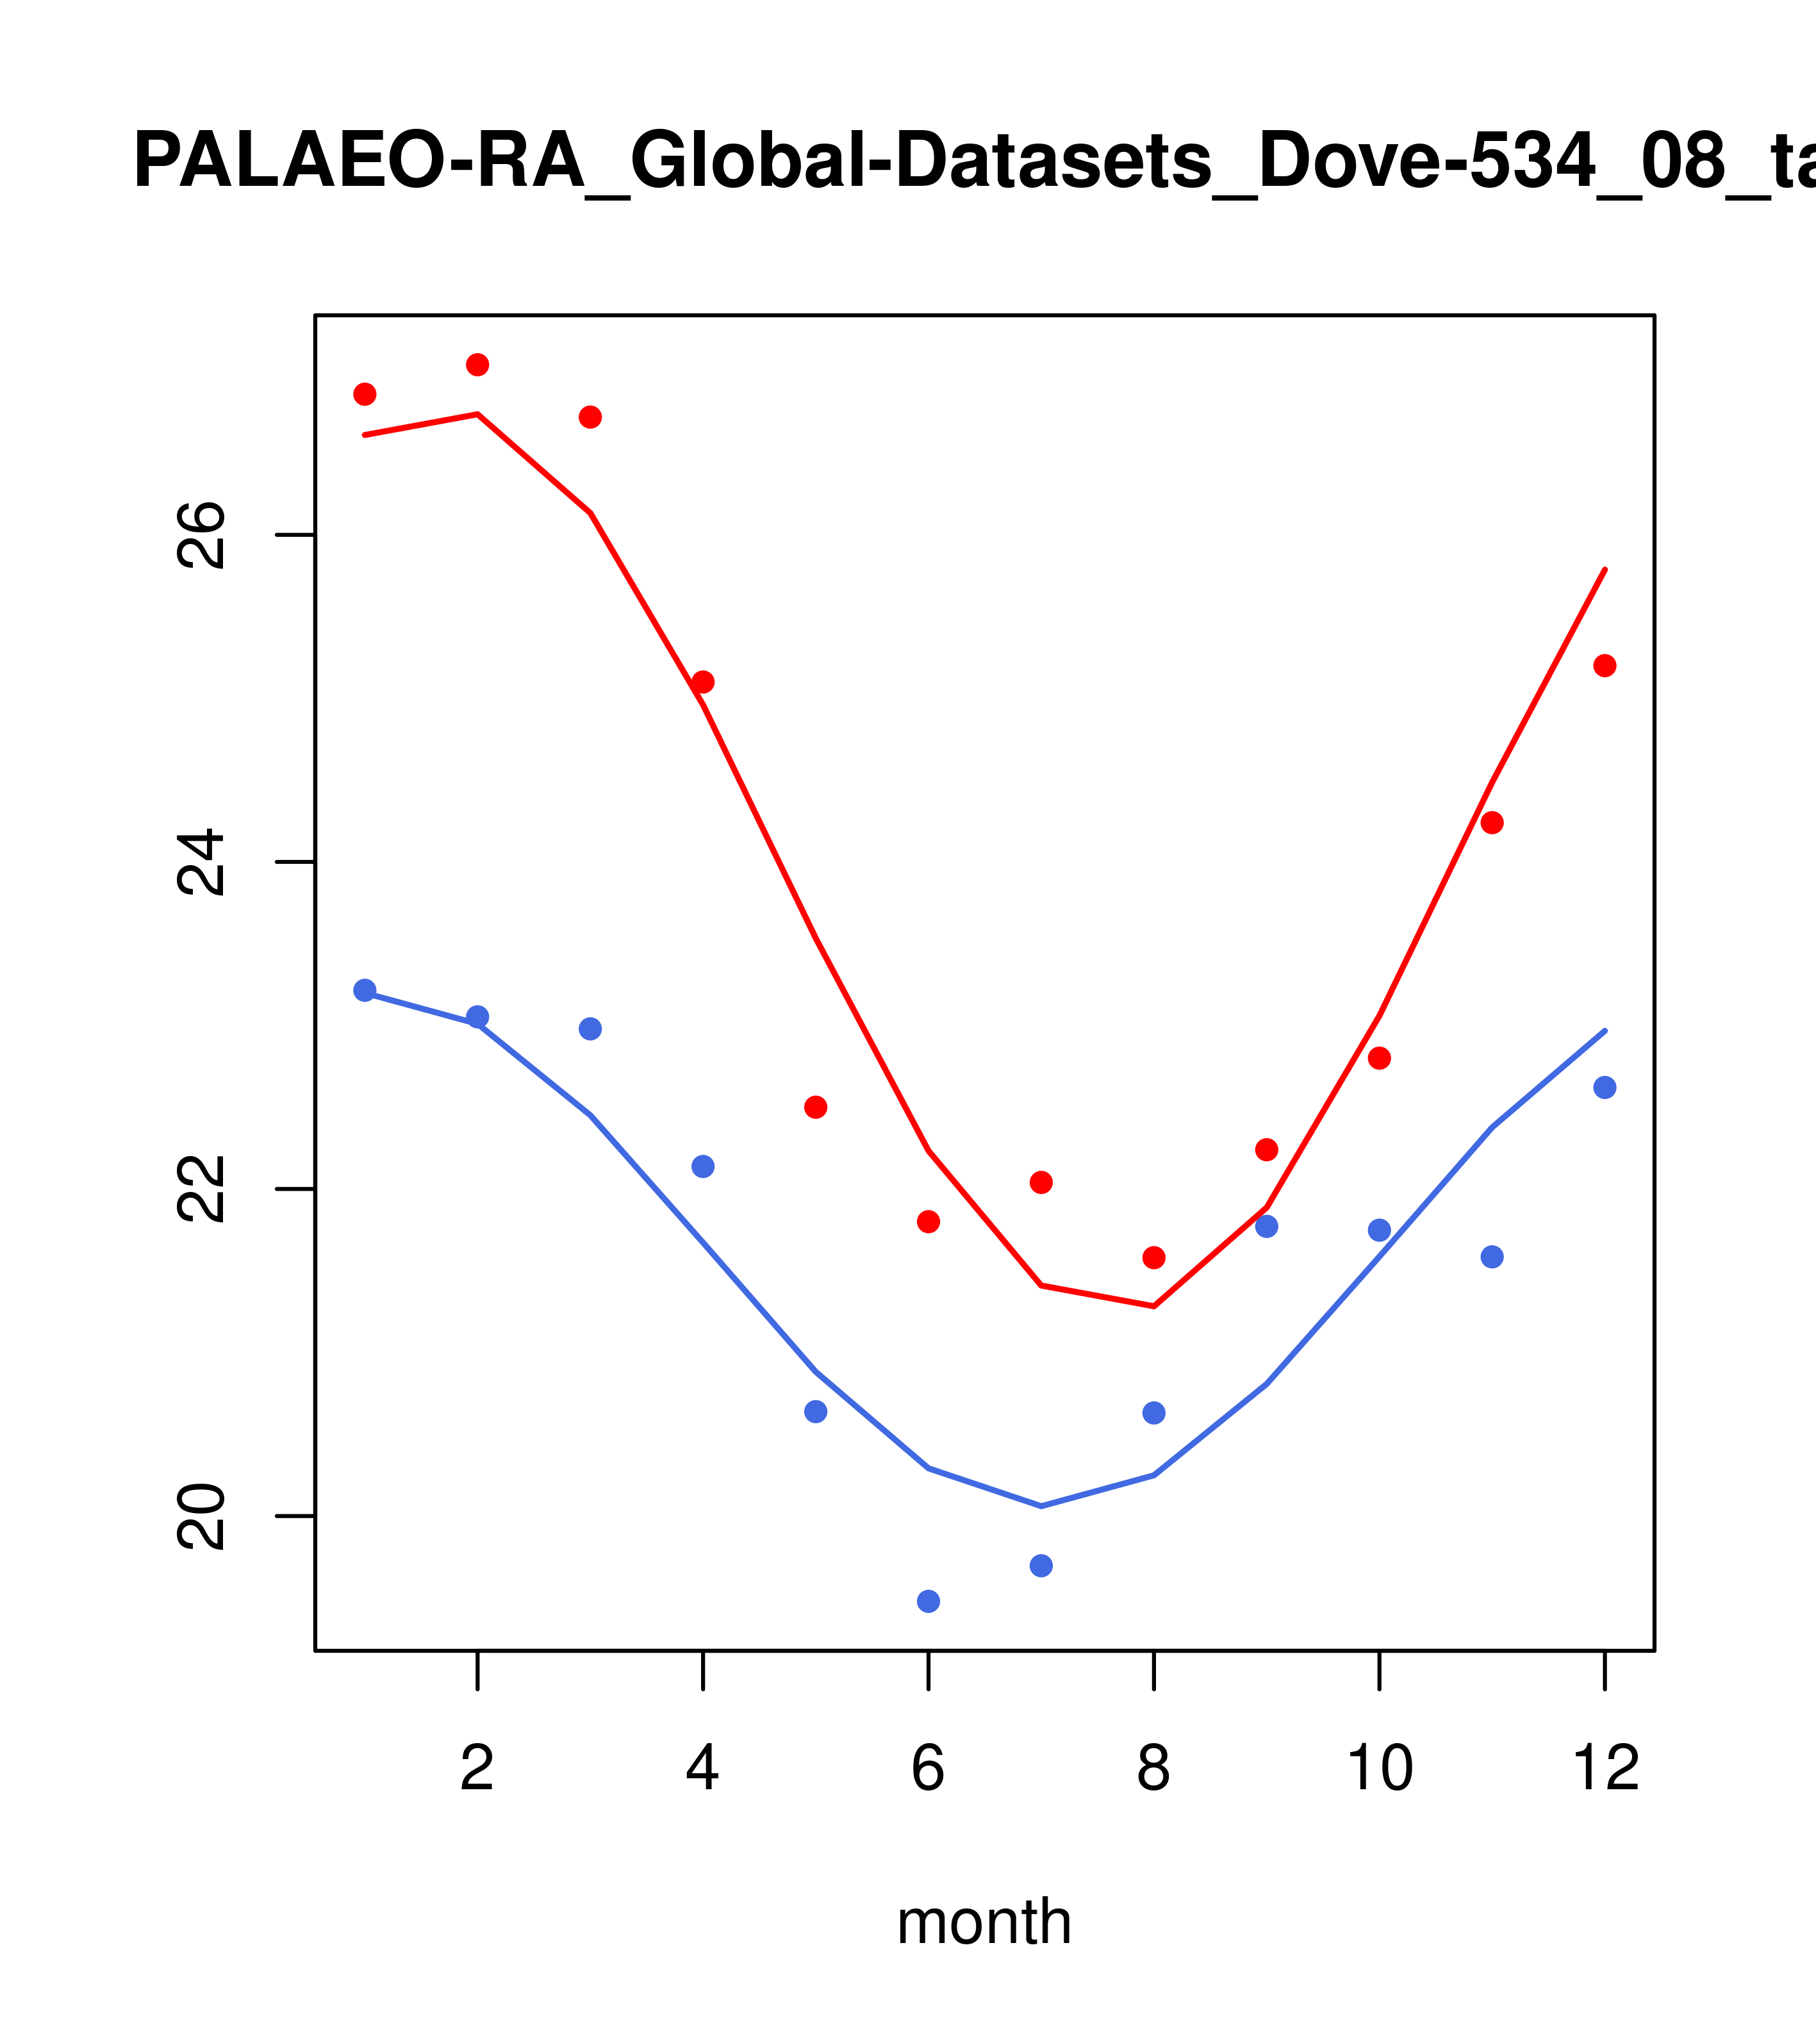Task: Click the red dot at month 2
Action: click(x=478, y=365)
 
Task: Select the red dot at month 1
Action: click(x=365, y=395)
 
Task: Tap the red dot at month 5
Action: click(x=816, y=1107)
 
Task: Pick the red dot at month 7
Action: click(x=1041, y=1182)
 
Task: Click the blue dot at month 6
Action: click(x=929, y=1602)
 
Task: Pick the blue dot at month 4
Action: click(x=704, y=1166)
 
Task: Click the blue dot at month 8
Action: click(x=1153, y=1413)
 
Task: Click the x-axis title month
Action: click(x=984, y=1922)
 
